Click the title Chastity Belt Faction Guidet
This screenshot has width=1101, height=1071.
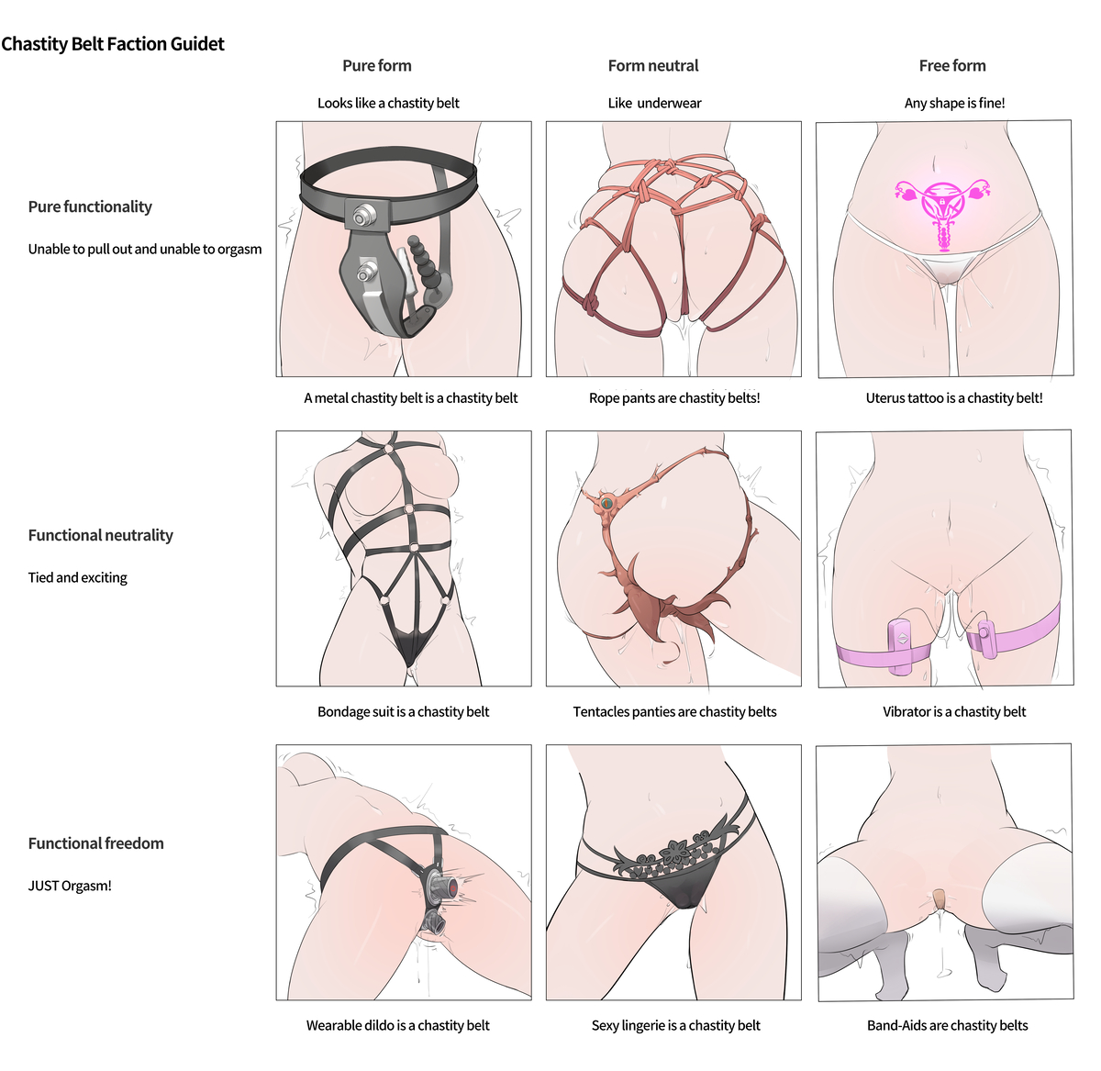coord(113,43)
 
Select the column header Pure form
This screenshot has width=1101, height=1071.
coord(377,66)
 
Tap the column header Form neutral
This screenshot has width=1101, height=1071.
coord(653,66)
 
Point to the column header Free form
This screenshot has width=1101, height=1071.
coord(952,66)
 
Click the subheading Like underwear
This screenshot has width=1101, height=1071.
coord(654,103)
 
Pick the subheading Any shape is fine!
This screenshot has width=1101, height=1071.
coord(954,103)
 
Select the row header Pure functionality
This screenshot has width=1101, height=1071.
coord(90,206)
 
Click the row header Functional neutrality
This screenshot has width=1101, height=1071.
coord(101,535)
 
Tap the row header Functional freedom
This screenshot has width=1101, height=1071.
coord(95,842)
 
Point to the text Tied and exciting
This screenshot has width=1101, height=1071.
coord(77,577)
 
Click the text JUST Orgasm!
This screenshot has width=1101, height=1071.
coord(70,886)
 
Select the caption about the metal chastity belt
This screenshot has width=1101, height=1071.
coord(411,398)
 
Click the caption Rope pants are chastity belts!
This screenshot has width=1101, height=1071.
coord(674,398)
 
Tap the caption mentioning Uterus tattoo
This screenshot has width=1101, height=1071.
coord(954,398)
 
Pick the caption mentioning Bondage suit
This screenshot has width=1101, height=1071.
coord(403,711)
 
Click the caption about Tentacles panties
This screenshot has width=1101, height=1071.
coord(674,711)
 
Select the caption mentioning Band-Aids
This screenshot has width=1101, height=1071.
coord(947,1025)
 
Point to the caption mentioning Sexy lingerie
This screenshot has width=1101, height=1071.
coord(675,1025)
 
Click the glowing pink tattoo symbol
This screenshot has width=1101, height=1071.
coord(942,212)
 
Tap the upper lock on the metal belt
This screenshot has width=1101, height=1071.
coord(361,217)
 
